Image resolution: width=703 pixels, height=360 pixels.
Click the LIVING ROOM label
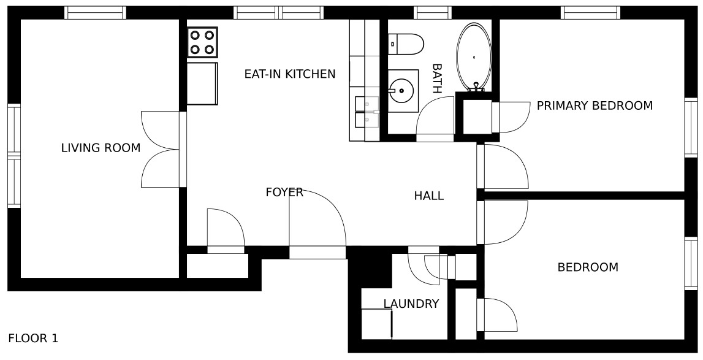(x=101, y=148)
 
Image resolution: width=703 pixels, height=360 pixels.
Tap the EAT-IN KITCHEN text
(x=290, y=74)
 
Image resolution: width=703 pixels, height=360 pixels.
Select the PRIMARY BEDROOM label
(x=595, y=106)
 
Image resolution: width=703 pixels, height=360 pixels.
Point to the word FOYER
(x=284, y=193)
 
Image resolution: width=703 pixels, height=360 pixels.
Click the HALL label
(x=429, y=196)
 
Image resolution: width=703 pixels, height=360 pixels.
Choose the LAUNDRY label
(x=411, y=304)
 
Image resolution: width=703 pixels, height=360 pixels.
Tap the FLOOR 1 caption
(x=33, y=338)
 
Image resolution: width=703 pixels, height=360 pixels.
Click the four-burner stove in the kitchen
(x=202, y=42)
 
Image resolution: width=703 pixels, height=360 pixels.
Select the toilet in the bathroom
(x=405, y=44)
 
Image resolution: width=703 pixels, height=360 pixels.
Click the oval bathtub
(x=474, y=56)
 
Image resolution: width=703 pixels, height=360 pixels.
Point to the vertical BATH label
(x=436, y=78)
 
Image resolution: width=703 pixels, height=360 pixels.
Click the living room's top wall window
(x=95, y=12)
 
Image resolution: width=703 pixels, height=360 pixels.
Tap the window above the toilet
(x=433, y=12)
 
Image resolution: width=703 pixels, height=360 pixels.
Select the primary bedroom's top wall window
(x=591, y=12)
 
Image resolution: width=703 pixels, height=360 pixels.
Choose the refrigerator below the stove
(x=202, y=83)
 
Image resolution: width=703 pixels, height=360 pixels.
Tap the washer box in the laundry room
(x=376, y=324)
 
